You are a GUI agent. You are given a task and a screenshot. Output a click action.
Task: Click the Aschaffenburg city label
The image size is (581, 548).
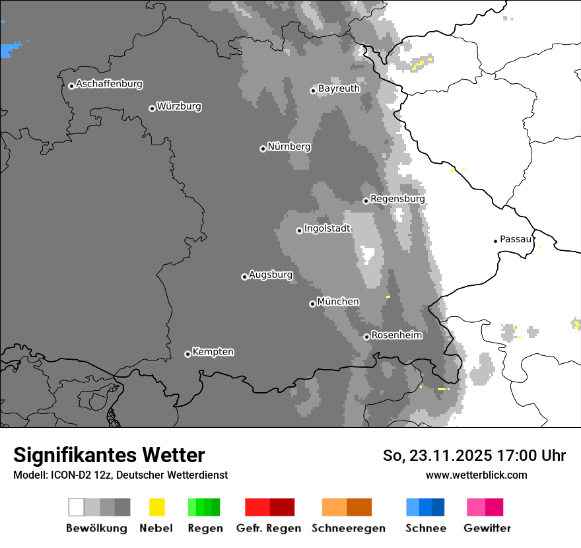point(109,84)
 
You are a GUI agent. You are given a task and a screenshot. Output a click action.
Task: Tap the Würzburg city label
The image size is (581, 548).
point(179,106)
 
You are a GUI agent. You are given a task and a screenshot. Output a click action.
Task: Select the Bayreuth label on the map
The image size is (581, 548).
point(339,88)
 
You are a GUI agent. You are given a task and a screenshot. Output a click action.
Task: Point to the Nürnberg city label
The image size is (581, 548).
point(289,147)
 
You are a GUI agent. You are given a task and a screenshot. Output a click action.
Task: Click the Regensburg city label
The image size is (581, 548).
point(397,199)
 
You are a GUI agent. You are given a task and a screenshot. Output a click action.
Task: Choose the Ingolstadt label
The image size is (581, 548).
point(327,228)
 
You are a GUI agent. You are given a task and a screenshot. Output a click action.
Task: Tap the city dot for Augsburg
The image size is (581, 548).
point(244,277)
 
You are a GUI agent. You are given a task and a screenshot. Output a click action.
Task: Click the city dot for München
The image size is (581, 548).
point(312,304)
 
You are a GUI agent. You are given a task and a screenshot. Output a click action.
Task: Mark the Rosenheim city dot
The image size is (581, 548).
point(366,337)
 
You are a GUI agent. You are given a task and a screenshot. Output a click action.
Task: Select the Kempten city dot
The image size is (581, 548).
point(188,354)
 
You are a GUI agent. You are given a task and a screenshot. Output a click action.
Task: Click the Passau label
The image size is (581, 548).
point(516,239)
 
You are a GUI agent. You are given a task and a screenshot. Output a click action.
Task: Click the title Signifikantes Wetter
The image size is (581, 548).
point(109,455)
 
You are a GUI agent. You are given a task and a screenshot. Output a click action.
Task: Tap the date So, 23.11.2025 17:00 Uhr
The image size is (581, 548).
point(474,456)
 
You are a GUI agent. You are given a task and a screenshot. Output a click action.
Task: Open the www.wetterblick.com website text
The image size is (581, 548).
point(476,475)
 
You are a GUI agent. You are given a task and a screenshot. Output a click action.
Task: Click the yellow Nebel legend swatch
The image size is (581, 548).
point(157,507)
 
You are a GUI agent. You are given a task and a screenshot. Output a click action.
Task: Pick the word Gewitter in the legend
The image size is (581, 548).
point(487,528)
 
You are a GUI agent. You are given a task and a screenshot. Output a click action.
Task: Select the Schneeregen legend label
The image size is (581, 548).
point(349,528)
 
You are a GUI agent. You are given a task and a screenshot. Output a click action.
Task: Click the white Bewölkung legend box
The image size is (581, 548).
point(77,507)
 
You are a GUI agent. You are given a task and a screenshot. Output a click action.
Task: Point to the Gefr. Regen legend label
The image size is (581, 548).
point(269,528)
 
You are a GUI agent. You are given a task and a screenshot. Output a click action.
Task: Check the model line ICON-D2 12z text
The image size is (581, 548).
point(120,475)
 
